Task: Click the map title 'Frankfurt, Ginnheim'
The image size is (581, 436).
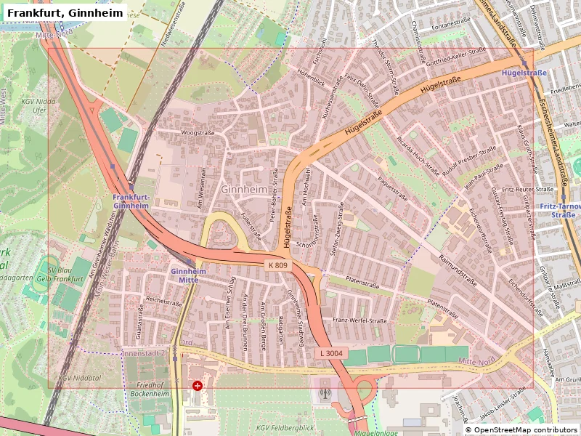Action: click(x=65, y=12)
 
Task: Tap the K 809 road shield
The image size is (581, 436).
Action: click(x=277, y=265)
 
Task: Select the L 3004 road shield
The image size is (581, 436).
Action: click(x=329, y=352)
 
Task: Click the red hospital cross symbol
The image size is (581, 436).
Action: click(x=197, y=385)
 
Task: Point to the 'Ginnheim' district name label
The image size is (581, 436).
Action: click(x=243, y=189)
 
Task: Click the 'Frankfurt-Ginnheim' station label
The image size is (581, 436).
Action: click(x=131, y=201)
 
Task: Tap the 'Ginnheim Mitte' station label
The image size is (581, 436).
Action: click(x=188, y=275)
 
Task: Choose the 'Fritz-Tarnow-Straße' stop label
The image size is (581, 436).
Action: click(x=560, y=210)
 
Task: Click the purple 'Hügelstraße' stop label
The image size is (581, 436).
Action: click(x=524, y=73)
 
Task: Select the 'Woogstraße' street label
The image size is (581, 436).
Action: click(x=198, y=134)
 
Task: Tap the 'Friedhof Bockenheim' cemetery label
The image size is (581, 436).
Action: click(x=150, y=389)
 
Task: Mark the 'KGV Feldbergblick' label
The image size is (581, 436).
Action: click(x=285, y=428)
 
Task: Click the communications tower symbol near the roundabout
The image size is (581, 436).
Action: click(x=324, y=394)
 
